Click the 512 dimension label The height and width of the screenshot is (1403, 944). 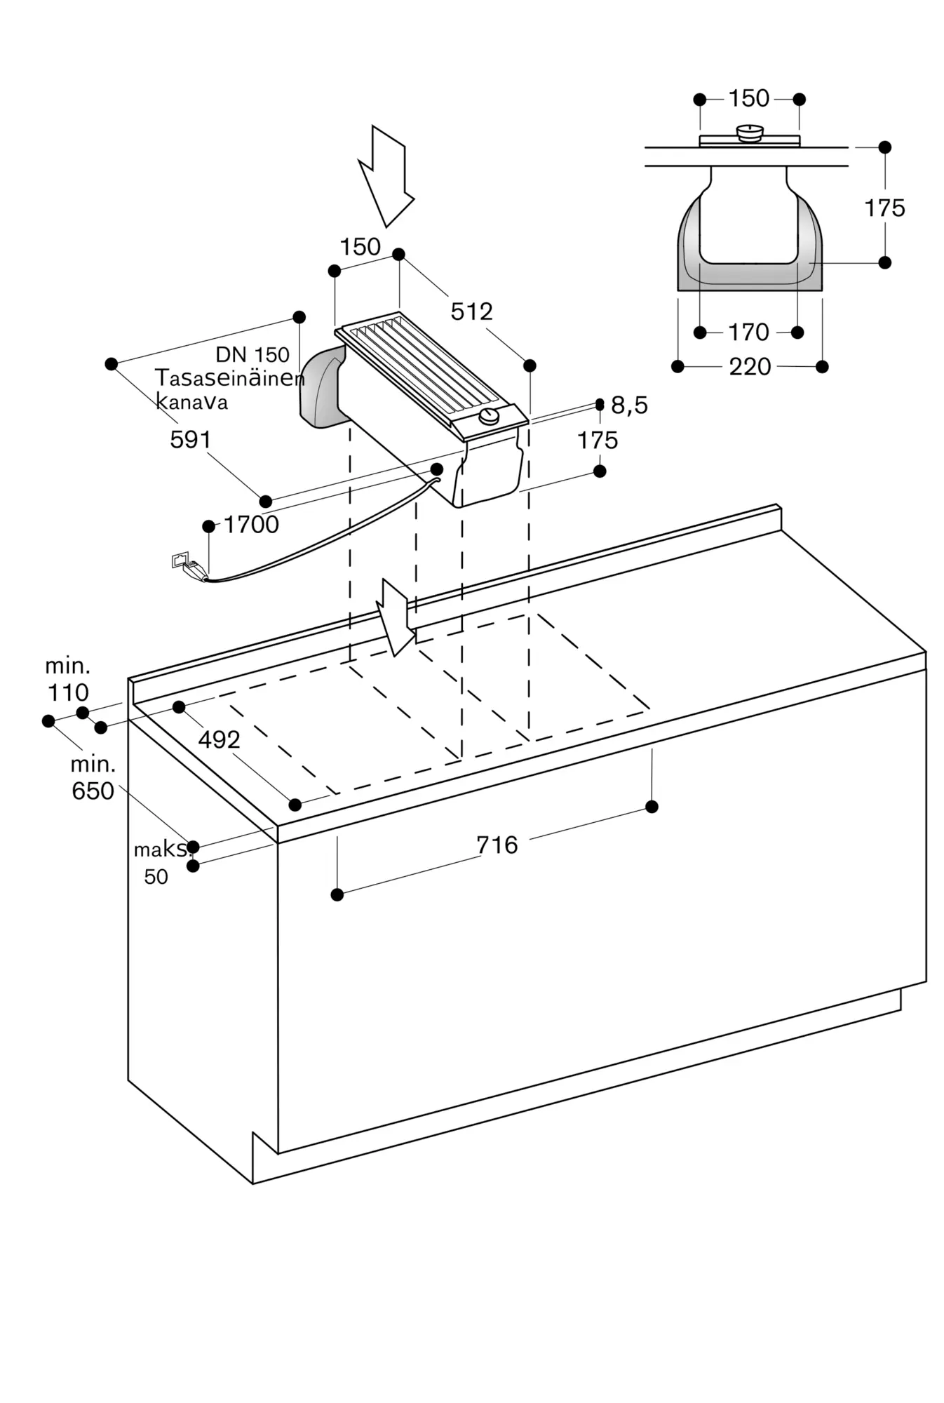point(471,311)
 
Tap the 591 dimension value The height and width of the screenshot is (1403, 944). point(190,440)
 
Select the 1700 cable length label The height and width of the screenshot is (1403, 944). point(251,525)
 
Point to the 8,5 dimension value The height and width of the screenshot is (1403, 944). point(629,405)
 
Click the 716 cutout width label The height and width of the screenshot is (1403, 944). point(497,845)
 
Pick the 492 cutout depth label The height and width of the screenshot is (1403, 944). point(219,739)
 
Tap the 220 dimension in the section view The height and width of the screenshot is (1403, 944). point(750,366)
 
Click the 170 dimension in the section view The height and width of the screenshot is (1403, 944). point(748,332)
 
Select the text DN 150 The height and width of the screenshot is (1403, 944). point(252,354)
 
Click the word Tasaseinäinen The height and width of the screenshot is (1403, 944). point(230,379)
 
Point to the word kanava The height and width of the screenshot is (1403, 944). point(191,402)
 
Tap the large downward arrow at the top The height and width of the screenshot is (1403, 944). point(385,175)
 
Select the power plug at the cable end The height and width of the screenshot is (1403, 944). point(189,567)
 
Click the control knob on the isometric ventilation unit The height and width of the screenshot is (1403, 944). point(489,418)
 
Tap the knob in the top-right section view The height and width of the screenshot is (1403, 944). point(750,133)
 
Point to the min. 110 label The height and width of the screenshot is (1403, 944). point(67,680)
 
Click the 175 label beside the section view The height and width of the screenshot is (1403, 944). point(884,208)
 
